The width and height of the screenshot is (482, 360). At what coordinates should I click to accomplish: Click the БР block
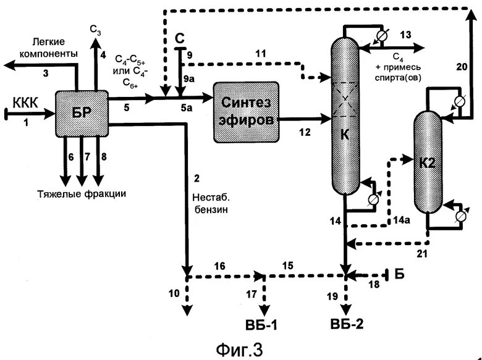tap(82, 114)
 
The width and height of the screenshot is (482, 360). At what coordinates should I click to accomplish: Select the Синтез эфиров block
tap(247, 112)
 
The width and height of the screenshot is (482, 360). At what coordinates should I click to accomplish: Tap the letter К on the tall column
tap(345, 135)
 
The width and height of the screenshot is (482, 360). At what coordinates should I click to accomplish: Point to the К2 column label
tap(428, 163)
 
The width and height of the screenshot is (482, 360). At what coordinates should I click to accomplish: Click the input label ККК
tap(25, 103)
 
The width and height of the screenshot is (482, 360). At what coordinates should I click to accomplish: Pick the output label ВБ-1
tap(261, 325)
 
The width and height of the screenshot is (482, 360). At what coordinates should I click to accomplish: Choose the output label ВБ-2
tap(347, 324)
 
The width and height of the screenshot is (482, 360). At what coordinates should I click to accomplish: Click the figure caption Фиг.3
tap(240, 350)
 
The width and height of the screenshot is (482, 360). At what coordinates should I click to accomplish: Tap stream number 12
tap(305, 132)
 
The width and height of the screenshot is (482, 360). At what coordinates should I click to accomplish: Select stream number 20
tap(462, 67)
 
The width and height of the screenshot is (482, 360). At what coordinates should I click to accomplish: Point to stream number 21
tap(422, 254)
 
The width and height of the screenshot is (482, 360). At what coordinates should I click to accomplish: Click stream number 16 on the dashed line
tap(219, 266)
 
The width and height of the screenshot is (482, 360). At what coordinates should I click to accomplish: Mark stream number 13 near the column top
tap(405, 35)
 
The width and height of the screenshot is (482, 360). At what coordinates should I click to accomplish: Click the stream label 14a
tap(402, 220)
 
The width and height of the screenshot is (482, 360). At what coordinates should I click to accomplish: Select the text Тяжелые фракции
tap(82, 194)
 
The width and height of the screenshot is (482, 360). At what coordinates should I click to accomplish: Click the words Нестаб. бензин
tap(211, 203)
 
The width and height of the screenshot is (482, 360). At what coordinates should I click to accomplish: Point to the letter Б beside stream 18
tap(399, 274)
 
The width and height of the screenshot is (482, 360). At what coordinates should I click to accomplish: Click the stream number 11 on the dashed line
tap(261, 54)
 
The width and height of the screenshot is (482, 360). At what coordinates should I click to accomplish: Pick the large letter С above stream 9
tap(180, 39)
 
